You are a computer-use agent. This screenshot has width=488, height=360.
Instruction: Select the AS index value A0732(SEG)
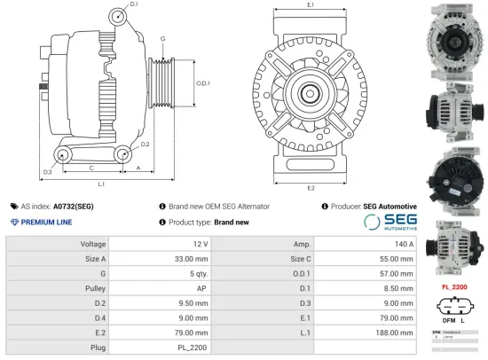pyautogui.click(x=74, y=206)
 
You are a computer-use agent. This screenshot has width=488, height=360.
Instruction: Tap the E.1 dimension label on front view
pyautogui.click(x=309, y=5)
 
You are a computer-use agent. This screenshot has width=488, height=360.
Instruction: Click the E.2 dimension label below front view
pyautogui.click(x=310, y=188)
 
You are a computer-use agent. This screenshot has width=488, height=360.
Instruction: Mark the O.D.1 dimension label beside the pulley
pyautogui.click(x=202, y=82)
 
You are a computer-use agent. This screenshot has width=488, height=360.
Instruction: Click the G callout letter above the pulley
pyautogui.click(x=162, y=40)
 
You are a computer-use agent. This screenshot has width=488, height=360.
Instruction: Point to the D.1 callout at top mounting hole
pyautogui.click(x=134, y=5)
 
